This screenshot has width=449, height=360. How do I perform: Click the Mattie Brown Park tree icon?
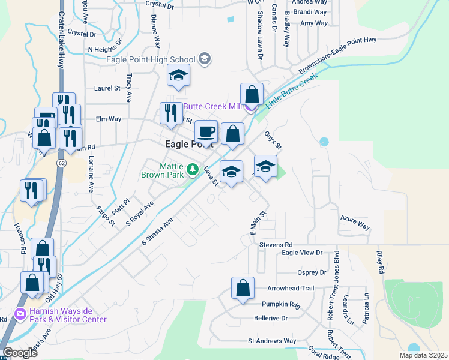tap(192, 170)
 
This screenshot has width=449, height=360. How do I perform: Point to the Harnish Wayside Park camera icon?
tap(20, 314)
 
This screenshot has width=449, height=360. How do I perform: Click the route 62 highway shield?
tap(62, 162)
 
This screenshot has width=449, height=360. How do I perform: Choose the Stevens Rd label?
tap(276, 245)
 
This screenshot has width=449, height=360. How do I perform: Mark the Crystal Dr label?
tap(82, 33)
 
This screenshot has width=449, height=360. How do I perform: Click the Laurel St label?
tap(107, 88)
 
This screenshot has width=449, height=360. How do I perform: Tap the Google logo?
tap(20, 353)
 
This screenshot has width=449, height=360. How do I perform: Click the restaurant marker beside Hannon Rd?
tap(32, 190)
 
